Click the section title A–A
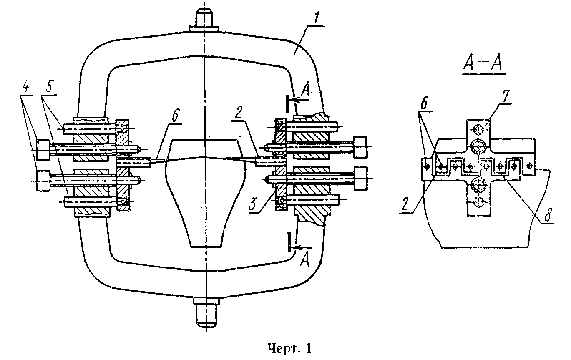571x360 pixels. tap(483, 63)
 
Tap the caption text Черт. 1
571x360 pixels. tap(290, 348)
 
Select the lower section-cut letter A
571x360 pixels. tap(304, 259)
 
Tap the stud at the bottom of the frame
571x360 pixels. tap(206, 312)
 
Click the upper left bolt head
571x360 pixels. tap(43, 149)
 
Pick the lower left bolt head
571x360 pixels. tap(43, 181)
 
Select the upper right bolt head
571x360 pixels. tap(360, 147)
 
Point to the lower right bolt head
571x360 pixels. tap(360, 178)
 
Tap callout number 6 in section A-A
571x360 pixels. tap(425, 103)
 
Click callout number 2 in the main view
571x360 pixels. tap(238, 113)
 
